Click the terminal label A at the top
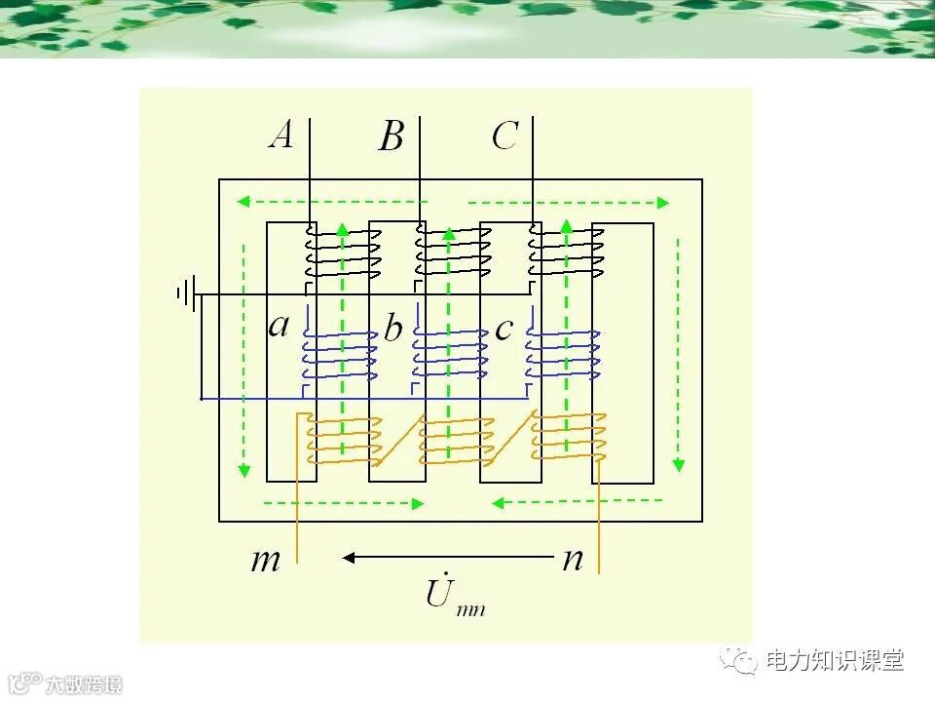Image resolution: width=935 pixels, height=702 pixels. pyautogui.click(x=280, y=135)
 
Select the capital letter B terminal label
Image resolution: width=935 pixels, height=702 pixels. pyautogui.click(x=391, y=137)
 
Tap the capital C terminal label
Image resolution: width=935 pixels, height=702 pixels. pyautogui.click(x=505, y=136)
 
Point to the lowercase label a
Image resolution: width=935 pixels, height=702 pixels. pyautogui.click(x=279, y=325)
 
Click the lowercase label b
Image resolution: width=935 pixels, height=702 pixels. pyautogui.click(x=393, y=329)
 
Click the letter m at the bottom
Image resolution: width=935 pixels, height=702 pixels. pyautogui.click(x=266, y=561)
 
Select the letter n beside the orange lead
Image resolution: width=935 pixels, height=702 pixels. pyautogui.click(x=573, y=559)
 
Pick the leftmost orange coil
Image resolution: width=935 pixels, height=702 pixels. pyautogui.click(x=340, y=439)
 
